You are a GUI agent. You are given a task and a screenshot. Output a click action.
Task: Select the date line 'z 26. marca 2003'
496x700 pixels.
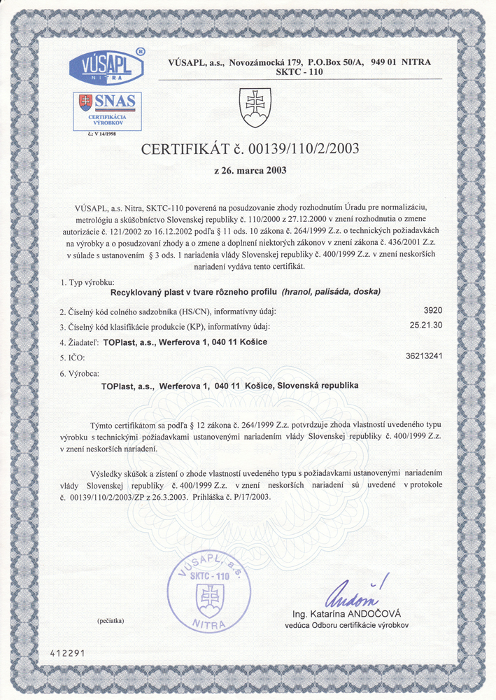pos(249,169)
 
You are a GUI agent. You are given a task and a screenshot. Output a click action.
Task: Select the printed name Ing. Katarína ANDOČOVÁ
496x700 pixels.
pos(350,614)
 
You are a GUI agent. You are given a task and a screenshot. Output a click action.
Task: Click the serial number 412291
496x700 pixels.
pos(67,652)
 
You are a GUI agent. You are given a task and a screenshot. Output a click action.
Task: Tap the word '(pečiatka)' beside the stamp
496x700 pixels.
pos(111,620)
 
